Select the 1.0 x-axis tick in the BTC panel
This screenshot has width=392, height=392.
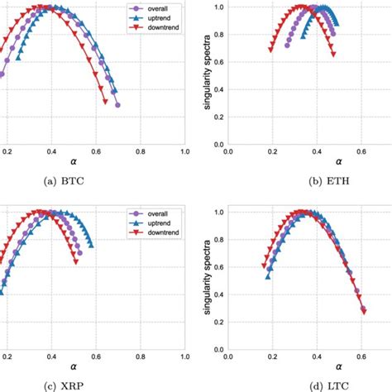[184, 153]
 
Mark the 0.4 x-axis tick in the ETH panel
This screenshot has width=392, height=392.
[317, 153]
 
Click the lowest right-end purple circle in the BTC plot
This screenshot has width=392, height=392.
[118, 105]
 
